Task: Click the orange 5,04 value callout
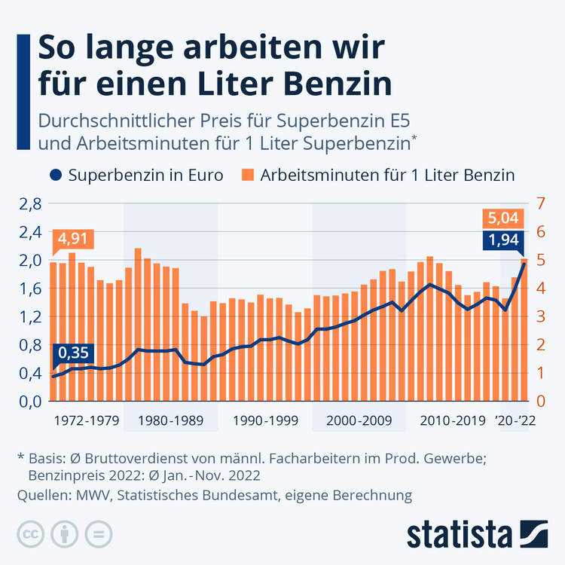(503, 219)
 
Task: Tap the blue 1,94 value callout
(503, 241)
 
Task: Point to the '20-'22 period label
(515, 420)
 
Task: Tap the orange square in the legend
(246, 176)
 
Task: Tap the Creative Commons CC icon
(32, 533)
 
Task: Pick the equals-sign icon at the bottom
(96, 533)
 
